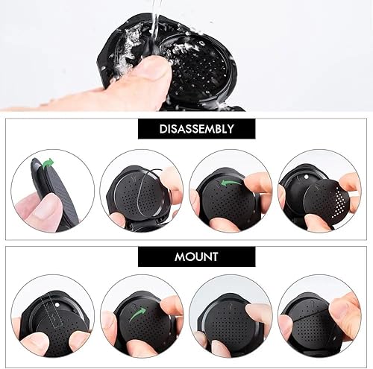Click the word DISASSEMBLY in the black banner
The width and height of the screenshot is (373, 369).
pos(196,129)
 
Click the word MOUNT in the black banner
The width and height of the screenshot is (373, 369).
pos(196,256)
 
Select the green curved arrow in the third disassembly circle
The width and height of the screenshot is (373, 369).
pos(230,183)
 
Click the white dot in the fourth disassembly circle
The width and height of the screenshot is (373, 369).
pos(306,177)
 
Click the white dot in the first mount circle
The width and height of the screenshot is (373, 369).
pos(57,304)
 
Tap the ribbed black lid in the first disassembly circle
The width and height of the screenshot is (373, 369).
pos(61,194)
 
